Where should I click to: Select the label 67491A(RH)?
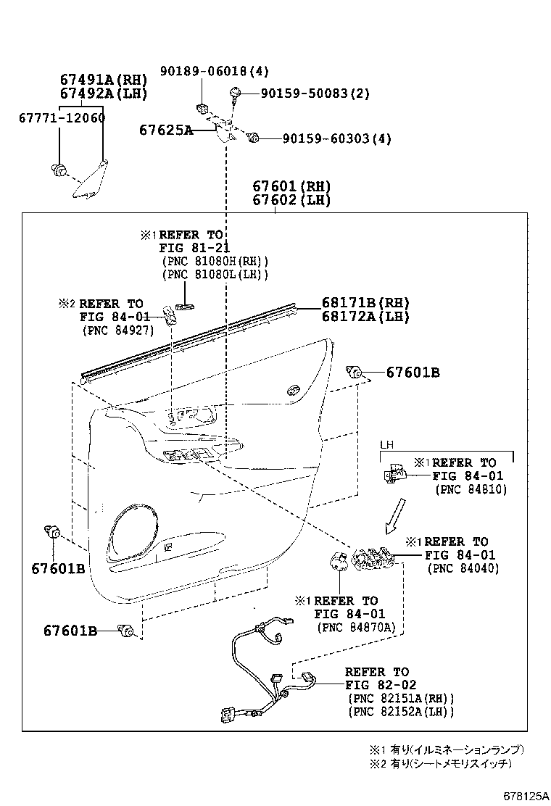click(x=104, y=80)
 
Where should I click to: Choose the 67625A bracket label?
click(x=166, y=130)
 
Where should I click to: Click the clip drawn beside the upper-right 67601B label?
click(x=355, y=372)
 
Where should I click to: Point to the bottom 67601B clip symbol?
click(x=128, y=631)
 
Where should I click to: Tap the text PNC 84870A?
click(x=355, y=627)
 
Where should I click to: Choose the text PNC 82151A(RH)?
click(x=401, y=698)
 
